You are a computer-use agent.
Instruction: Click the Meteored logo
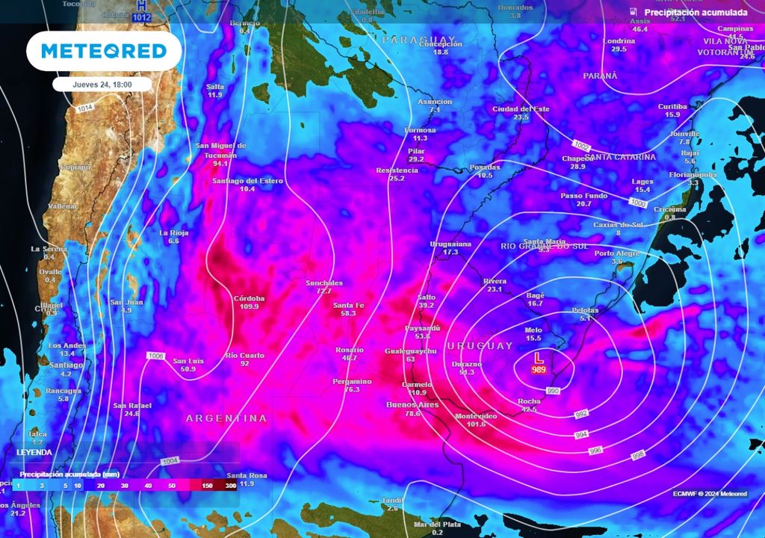[103, 51]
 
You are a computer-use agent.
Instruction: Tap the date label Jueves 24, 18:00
[102, 84]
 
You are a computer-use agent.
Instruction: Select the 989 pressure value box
[538, 370]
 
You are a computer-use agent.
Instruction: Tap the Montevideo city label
[476, 415]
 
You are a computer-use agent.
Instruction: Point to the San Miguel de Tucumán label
[220, 149]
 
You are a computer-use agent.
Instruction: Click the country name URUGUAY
[480, 346]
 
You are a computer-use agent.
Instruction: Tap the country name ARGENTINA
[226, 418]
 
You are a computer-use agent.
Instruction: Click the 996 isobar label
[596, 450]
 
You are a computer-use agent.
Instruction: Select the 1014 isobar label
[85, 109]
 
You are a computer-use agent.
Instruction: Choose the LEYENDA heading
[34, 452]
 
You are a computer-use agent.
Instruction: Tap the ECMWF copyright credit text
[709, 494]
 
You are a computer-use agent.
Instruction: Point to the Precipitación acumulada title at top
[696, 13]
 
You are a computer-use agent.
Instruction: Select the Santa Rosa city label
[247, 475]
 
